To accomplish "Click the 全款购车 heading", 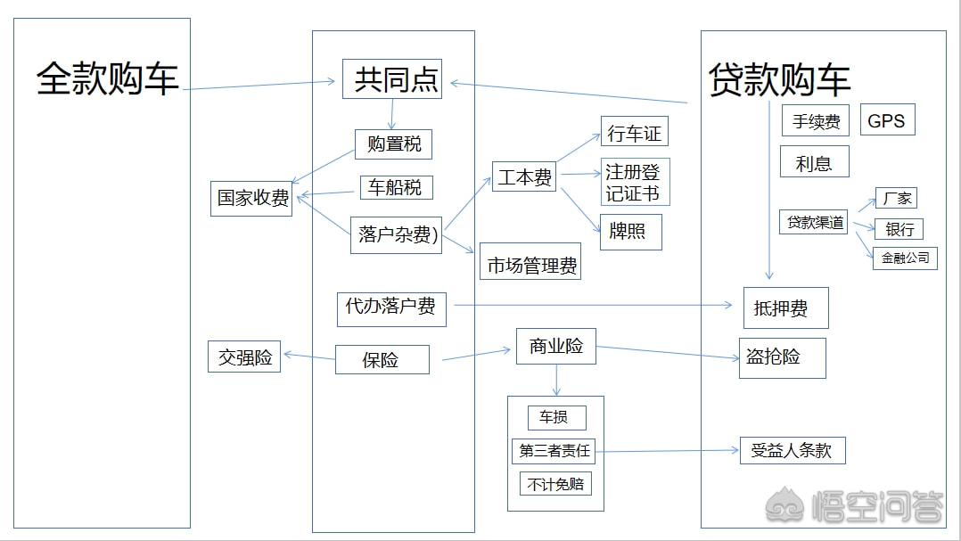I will pyautogui.click(x=107, y=78).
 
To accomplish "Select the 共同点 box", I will pyautogui.click(x=392, y=79).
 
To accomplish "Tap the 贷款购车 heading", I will pyautogui.click(x=779, y=80).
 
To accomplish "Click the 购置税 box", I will pyautogui.click(x=393, y=143).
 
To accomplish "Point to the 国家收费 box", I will pyautogui.click(x=253, y=199).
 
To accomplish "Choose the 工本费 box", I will pyautogui.click(x=524, y=177).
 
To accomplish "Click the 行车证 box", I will pyautogui.click(x=634, y=133).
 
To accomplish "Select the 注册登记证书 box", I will pyautogui.click(x=634, y=182).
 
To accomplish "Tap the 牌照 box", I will pyautogui.click(x=630, y=232).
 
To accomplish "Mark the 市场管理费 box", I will pyautogui.click(x=530, y=265).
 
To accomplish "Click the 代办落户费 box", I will pyautogui.click(x=391, y=307).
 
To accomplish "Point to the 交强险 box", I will pyautogui.click(x=244, y=357).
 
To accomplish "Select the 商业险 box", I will pyautogui.click(x=556, y=346).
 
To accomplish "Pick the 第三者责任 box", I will pyautogui.click(x=554, y=451).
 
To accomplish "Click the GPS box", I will pyautogui.click(x=886, y=120).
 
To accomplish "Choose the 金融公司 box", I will pyautogui.click(x=905, y=258).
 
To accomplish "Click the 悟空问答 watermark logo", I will pyautogui.click(x=855, y=507).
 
